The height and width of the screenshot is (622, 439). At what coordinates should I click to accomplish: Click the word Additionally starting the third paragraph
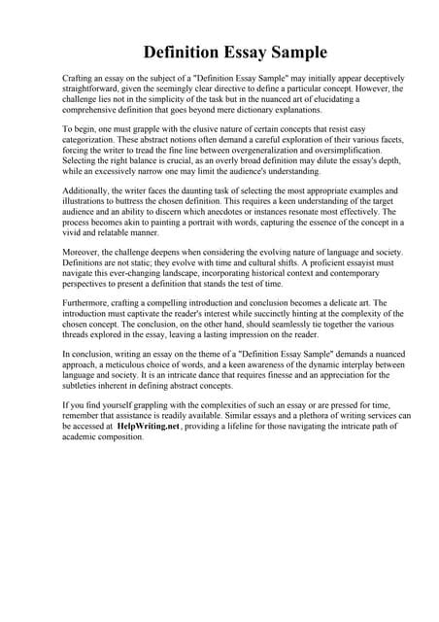90,190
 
